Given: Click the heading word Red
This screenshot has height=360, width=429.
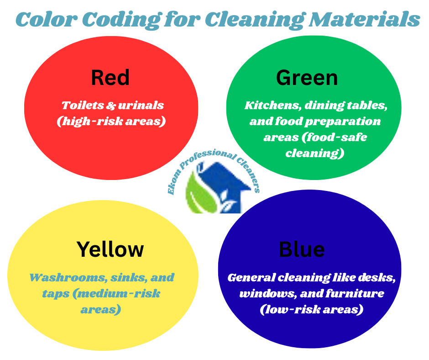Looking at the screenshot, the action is (x=110, y=78).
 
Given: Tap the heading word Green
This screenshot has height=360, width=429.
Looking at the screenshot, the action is (x=307, y=78).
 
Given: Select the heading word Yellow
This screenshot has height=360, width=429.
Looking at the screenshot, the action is (x=110, y=249).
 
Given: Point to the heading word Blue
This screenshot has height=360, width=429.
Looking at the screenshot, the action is (x=302, y=249).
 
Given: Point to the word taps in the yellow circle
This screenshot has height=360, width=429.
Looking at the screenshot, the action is (x=56, y=294).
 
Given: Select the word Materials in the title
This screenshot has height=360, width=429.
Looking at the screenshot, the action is (x=365, y=19).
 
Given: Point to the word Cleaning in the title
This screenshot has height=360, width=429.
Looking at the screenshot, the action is (x=255, y=20).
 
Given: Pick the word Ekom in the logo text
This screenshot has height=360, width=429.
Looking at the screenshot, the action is (x=174, y=182).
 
